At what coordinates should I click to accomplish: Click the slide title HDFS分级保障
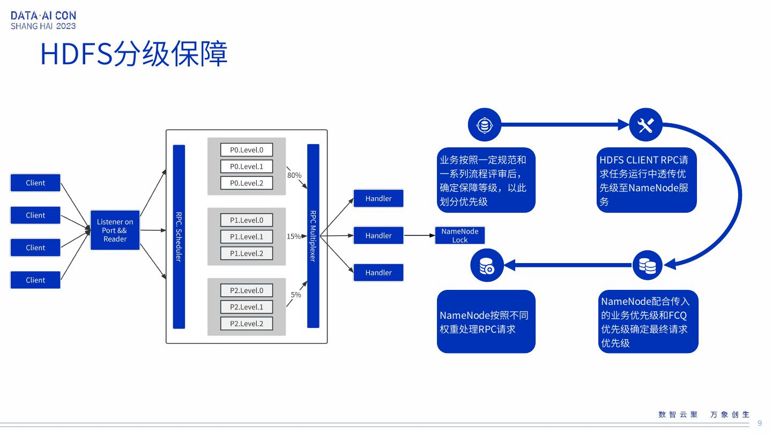[x=134, y=54]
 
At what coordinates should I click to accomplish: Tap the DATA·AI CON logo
[x=43, y=20]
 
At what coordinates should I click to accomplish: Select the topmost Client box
[x=35, y=183]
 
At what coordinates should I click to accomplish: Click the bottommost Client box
[x=35, y=280]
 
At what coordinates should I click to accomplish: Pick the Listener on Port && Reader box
[x=115, y=230]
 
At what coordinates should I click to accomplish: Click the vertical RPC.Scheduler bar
[x=179, y=236]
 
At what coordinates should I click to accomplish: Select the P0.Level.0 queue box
[x=247, y=150]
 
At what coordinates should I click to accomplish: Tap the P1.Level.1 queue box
[x=247, y=236]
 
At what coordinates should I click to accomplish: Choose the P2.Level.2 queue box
[x=247, y=323]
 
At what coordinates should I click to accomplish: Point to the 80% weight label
[x=294, y=175]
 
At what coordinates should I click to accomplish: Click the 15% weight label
[x=293, y=236]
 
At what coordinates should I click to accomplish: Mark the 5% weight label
[x=296, y=295]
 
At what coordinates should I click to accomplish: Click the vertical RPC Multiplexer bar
[x=313, y=236]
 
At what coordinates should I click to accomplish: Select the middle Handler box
[x=378, y=235]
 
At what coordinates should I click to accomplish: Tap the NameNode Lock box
[x=459, y=235]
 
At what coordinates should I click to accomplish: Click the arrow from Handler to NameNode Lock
[x=419, y=235]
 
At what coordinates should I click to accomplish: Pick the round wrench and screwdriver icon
[x=645, y=125]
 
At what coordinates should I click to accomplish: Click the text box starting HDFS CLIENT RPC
[x=647, y=180]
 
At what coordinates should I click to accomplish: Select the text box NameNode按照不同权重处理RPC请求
[x=486, y=321]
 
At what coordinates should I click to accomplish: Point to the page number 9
[x=759, y=423]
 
